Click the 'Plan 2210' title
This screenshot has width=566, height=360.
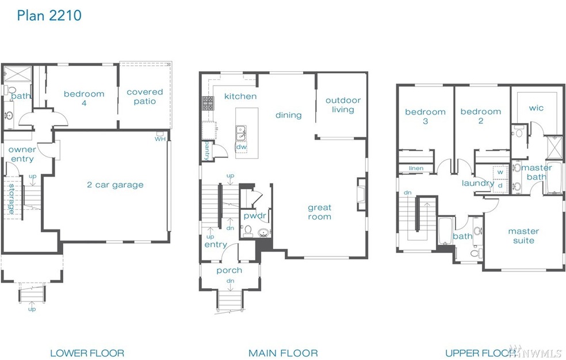tap(49, 16)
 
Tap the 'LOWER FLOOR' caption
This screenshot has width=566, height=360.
tap(87, 353)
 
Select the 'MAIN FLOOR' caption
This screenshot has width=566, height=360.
tap(284, 353)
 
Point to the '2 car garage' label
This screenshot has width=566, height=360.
tap(115, 185)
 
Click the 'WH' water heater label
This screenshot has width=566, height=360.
tap(160, 139)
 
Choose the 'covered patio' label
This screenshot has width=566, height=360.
tap(145, 97)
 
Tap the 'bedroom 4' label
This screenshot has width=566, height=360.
tap(84, 98)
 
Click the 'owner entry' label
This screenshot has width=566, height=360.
tap(22, 154)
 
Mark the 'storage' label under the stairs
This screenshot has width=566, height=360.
tap(12, 199)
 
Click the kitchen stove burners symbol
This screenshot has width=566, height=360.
tap(208, 103)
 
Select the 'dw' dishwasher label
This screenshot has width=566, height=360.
tap(241, 147)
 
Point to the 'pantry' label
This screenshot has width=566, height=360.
tap(207, 151)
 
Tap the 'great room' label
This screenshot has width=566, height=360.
tap(319, 212)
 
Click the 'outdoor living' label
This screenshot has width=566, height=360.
tap(343, 105)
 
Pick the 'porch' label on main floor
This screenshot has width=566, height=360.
tap(229, 270)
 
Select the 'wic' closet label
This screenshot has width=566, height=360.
tap(536, 108)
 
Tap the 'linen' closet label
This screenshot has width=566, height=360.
tap(416, 168)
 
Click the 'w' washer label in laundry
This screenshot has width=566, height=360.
tap(500, 172)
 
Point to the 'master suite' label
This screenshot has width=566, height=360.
tap(523, 236)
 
